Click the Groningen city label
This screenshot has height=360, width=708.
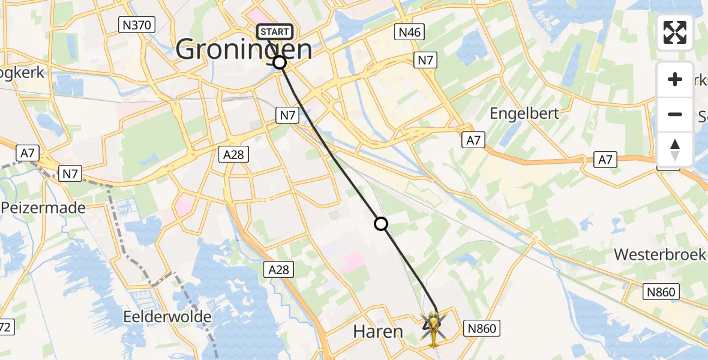[244, 50]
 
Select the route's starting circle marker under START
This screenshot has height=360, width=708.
[280, 62]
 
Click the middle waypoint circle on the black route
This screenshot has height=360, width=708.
[381, 224]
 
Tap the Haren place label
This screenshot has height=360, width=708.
[378, 331]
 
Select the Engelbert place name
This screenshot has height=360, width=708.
[524, 113]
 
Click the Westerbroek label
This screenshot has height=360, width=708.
[660, 254]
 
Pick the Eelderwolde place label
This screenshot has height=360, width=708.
[167, 317]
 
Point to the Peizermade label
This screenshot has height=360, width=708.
[43, 208]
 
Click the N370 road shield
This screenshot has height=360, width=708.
[137, 25]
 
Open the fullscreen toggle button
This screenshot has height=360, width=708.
[675, 32]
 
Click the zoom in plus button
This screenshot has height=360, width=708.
[675, 79]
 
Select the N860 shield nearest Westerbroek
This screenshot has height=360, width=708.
[661, 292]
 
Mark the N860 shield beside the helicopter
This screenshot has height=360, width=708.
[482, 328]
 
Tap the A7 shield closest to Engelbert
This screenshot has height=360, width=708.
[473, 140]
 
